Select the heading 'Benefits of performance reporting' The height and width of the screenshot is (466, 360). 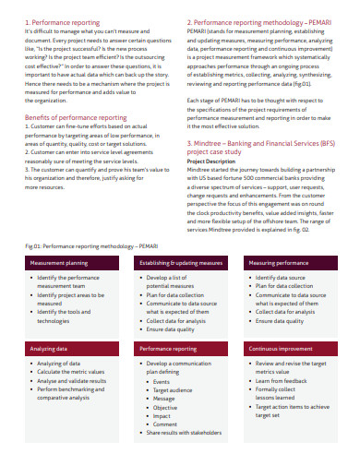(76, 119)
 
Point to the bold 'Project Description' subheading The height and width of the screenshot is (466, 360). (215, 160)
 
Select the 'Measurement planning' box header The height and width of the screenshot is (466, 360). (61, 264)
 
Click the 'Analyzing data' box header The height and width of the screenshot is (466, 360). (50, 350)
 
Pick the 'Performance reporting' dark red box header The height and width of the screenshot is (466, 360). (168, 350)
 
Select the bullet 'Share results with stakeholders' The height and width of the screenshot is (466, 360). (188, 431)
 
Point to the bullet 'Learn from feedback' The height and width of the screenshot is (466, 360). (284, 380)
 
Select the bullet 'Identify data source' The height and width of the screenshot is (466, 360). (282, 278)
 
